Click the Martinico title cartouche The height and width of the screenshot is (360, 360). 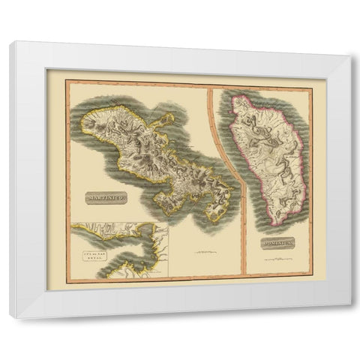click(x=100, y=198)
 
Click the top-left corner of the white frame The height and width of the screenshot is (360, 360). click(x=10, y=43)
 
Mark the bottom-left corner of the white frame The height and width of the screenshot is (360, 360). click(x=11, y=317)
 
